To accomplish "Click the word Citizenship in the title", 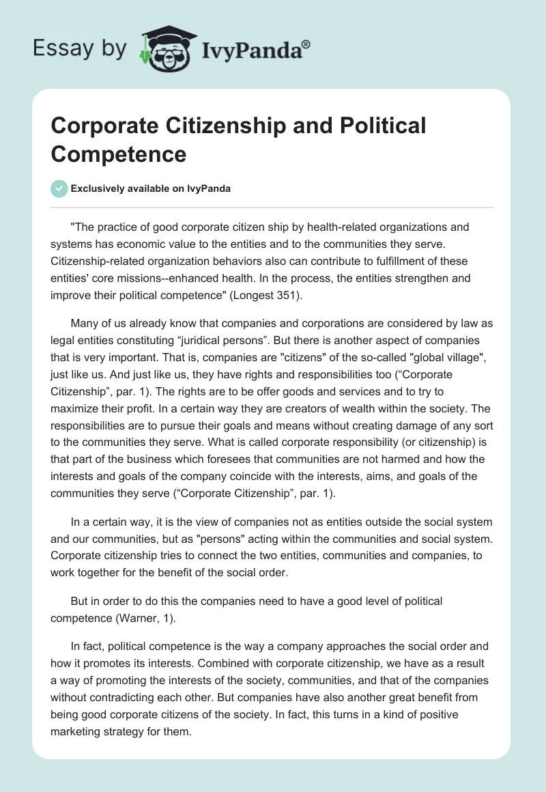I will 242,126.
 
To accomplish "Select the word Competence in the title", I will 118,154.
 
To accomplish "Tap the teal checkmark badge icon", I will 60,188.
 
